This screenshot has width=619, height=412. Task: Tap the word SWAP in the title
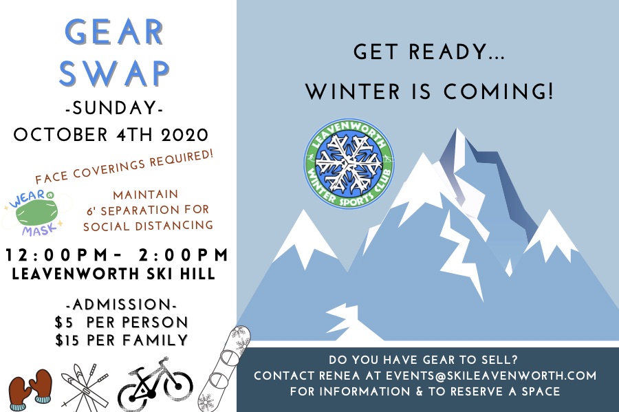pyautogui.click(x=115, y=72)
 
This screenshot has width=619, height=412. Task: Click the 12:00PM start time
pyautogui.click(x=61, y=256)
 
